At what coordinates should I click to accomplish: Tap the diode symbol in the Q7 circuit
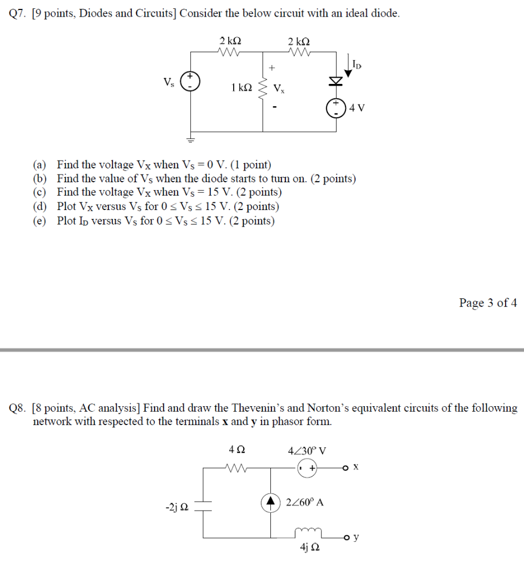click(335, 82)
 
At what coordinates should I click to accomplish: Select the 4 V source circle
click(335, 108)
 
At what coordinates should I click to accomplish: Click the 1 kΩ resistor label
click(241, 87)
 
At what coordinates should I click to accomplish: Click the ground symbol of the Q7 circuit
click(192, 139)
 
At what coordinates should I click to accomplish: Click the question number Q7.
click(18, 14)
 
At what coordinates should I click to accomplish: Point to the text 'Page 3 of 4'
click(488, 303)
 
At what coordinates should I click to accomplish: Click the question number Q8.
click(18, 408)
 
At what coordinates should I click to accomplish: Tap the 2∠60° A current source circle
click(271, 502)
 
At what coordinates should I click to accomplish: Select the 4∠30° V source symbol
click(307, 468)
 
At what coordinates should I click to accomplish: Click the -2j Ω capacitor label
click(177, 507)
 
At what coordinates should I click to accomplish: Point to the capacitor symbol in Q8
click(203, 503)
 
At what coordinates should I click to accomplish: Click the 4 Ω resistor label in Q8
click(236, 450)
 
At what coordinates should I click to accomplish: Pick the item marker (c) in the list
click(39, 192)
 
